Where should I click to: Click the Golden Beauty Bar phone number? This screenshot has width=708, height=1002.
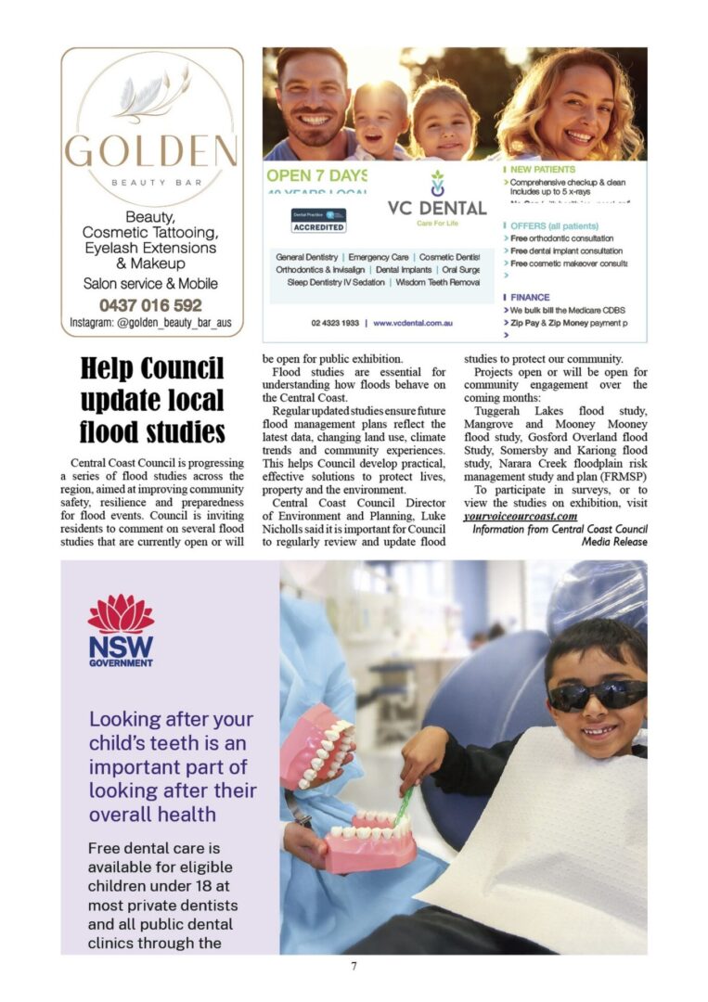[150, 304]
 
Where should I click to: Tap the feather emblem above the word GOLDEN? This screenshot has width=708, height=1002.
[151, 96]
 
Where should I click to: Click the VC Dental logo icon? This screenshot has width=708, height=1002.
[437, 183]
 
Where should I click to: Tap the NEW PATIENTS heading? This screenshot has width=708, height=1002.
[542, 170]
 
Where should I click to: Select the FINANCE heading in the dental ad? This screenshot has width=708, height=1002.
[530, 297]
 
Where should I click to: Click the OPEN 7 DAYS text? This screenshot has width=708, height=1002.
[315, 175]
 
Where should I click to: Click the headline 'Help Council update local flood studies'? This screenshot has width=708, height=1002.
[151, 400]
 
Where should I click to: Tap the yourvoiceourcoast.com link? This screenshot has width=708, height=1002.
[521, 516]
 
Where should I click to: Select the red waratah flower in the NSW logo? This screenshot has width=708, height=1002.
[121, 614]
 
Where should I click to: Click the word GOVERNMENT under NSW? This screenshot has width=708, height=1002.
[121, 663]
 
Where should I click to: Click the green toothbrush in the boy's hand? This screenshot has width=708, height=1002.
[403, 806]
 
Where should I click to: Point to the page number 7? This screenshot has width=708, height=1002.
[354, 966]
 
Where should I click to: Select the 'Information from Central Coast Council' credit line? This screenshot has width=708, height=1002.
[560, 529]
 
